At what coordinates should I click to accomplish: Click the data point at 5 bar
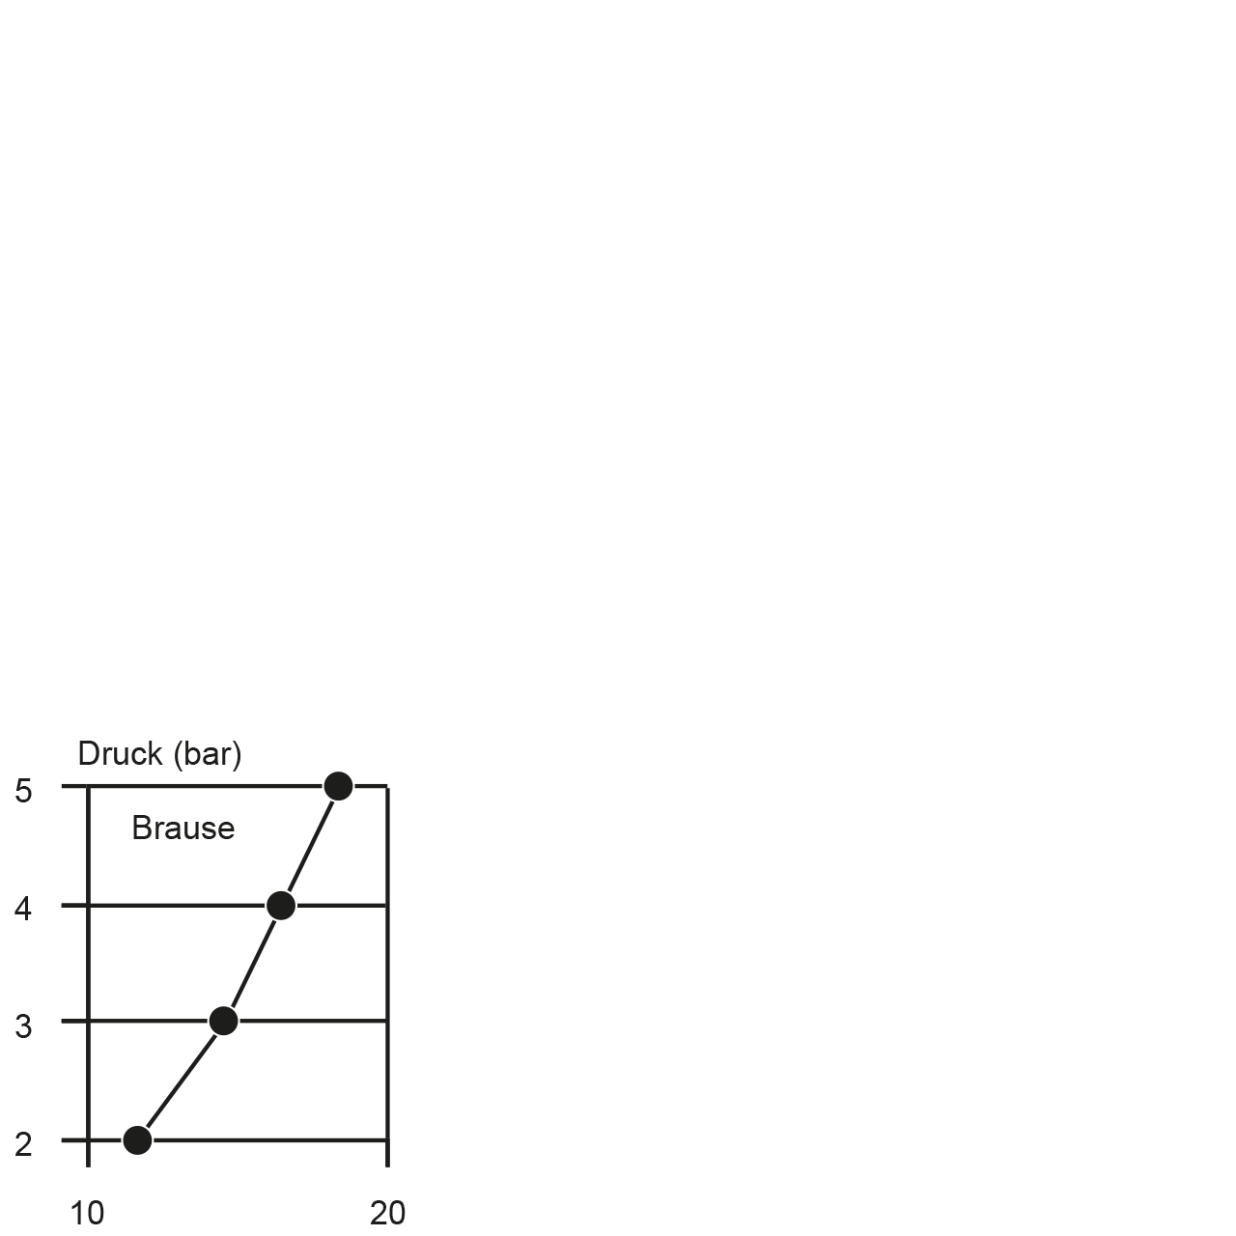click(x=339, y=786)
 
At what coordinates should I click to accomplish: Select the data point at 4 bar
click(x=281, y=906)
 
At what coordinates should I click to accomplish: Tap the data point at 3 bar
click(x=224, y=1021)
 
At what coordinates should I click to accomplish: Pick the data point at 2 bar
click(x=137, y=1140)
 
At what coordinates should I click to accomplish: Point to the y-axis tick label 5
click(x=23, y=791)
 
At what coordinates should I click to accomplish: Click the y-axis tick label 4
click(x=23, y=909)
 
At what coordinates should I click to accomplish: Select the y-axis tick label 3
click(x=23, y=1026)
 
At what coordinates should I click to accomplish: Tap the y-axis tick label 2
click(x=23, y=1144)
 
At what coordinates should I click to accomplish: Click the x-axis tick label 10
click(x=87, y=1213)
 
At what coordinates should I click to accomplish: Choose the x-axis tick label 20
click(x=387, y=1213)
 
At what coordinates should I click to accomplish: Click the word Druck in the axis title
click(x=120, y=753)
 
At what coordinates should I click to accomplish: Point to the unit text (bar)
click(x=208, y=754)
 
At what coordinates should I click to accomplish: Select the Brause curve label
click(x=183, y=829)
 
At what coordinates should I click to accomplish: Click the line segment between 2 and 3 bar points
click(x=181, y=1081)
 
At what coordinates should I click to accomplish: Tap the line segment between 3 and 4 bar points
click(x=253, y=964)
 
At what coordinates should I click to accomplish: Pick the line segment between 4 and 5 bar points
click(x=310, y=845)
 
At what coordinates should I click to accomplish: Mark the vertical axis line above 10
click(x=88, y=975)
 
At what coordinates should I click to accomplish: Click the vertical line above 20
click(x=387, y=975)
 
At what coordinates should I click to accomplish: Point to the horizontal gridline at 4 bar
click(x=224, y=906)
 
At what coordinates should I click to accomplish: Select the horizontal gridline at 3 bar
click(x=224, y=1021)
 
